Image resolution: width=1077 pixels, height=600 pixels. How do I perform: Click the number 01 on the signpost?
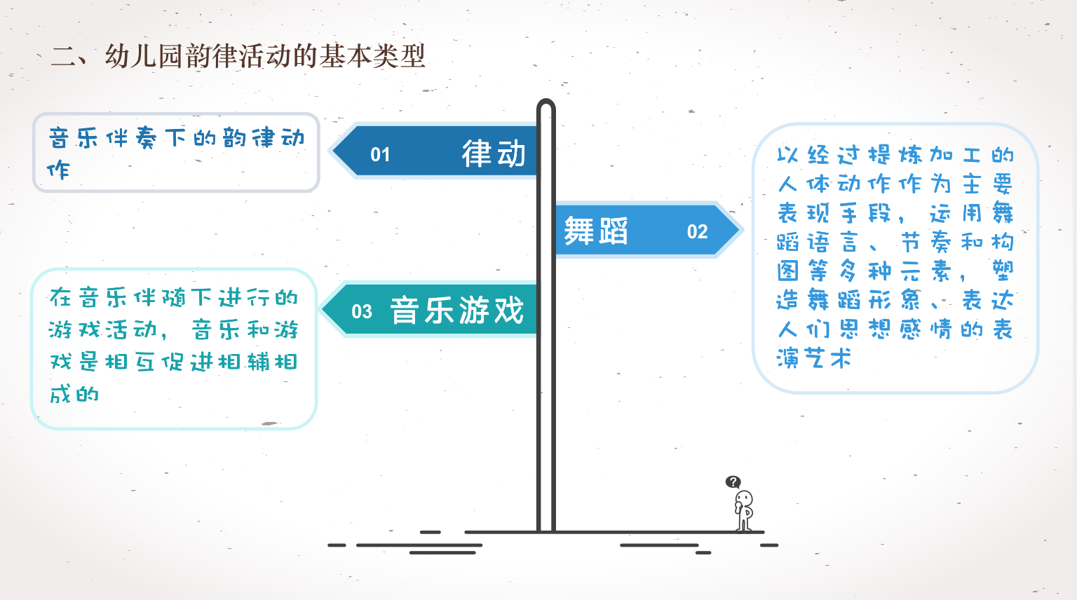(x=380, y=154)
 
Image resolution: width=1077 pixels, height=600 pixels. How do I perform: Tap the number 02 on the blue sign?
(x=697, y=231)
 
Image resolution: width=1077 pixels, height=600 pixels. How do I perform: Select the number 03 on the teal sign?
(x=362, y=311)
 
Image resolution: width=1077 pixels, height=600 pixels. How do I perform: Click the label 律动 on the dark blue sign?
(x=494, y=154)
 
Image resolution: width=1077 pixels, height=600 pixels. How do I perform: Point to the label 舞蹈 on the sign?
(x=596, y=231)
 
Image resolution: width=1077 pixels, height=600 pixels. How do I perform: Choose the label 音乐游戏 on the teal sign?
(x=457, y=311)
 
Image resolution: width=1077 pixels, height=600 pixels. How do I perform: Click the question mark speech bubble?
(x=733, y=482)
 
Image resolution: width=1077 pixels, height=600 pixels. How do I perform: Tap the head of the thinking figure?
(x=745, y=499)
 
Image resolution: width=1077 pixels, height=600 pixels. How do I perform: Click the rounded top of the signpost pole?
(x=546, y=105)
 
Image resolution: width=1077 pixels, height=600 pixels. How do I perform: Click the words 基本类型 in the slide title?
(x=373, y=56)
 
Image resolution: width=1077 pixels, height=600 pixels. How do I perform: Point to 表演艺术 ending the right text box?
(x=814, y=358)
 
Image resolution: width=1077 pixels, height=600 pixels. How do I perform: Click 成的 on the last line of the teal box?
(x=74, y=394)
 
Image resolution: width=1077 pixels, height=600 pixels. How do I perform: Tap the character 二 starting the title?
(x=63, y=56)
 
